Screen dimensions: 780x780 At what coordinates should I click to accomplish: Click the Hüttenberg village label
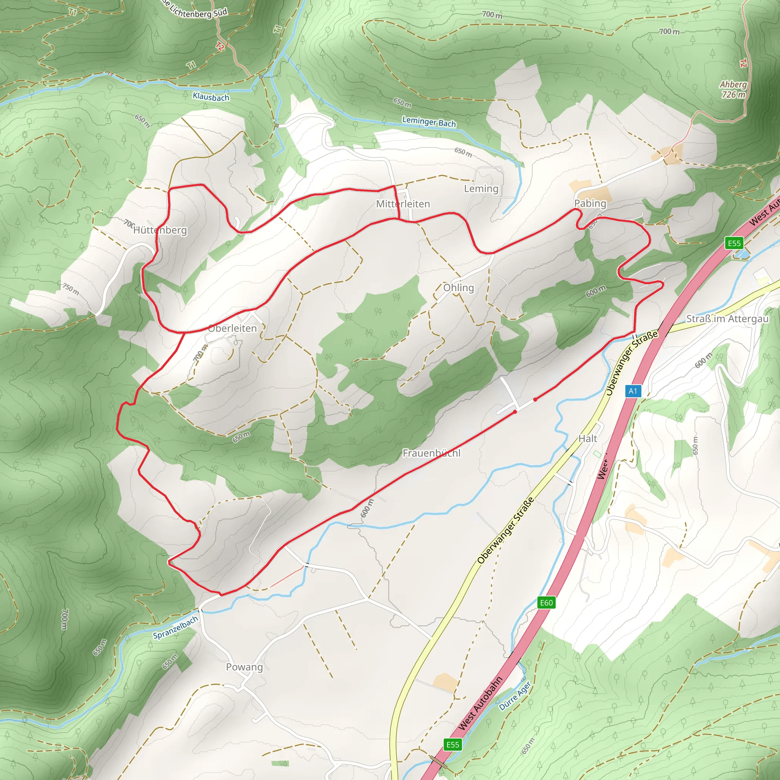tap(160, 230)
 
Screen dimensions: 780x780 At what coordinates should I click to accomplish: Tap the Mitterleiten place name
tap(403, 204)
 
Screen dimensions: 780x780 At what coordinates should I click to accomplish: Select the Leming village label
tap(481, 189)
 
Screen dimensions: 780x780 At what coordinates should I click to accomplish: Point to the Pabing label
tap(590, 203)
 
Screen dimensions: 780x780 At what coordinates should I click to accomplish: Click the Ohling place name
tap(458, 288)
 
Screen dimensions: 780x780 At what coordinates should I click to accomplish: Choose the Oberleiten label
tap(232, 328)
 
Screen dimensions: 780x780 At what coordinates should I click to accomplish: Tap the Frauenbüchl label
tap(431, 453)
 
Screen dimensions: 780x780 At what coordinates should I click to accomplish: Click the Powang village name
tap(244, 667)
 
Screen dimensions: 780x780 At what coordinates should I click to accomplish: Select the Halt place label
tap(587, 438)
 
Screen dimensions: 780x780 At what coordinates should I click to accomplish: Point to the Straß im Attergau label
tap(727, 319)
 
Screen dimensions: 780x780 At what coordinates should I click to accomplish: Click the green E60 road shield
tap(546, 603)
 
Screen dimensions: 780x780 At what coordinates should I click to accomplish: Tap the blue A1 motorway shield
tap(633, 391)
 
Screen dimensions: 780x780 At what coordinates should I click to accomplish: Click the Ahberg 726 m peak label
tap(733, 89)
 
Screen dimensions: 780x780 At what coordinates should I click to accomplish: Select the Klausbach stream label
tap(211, 97)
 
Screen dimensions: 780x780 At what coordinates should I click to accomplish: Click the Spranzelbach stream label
tap(175, 627)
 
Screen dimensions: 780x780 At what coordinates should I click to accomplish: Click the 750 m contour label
tap(71, 288)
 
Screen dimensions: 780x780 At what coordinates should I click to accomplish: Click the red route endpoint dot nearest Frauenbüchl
tap(515, 412)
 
